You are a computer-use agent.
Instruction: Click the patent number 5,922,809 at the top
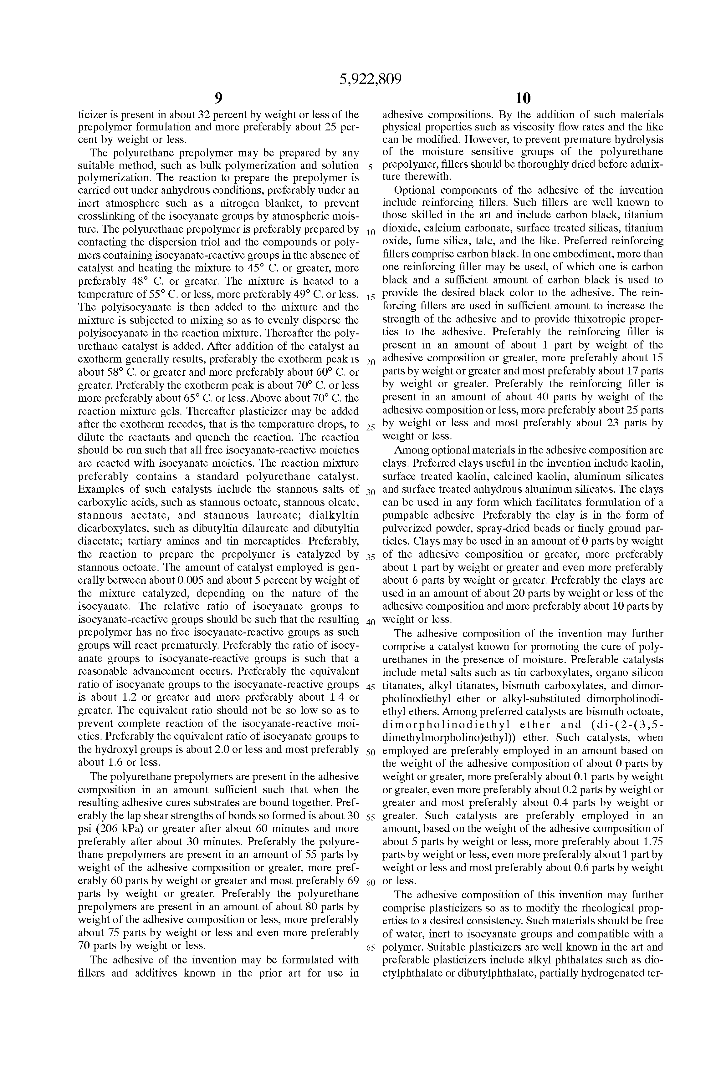370,80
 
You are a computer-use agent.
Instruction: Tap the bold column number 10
523,98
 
